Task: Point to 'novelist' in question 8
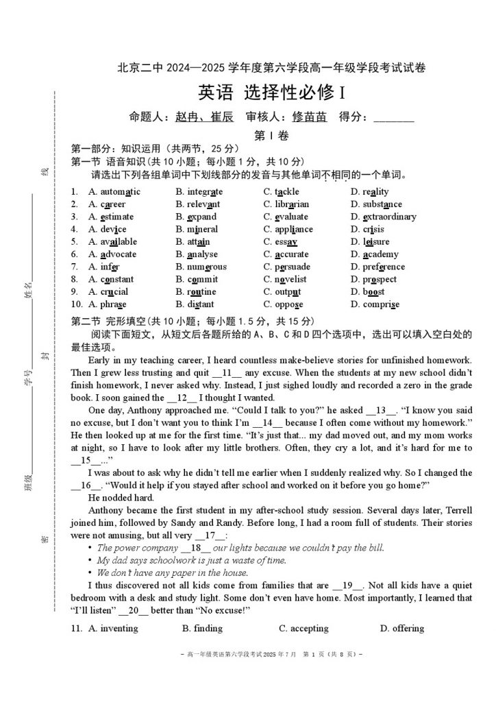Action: click(290, 279)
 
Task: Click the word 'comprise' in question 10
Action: click(381, 304)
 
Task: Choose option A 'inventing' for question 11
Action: click(113, 628)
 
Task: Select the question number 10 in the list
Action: click(76, 304)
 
